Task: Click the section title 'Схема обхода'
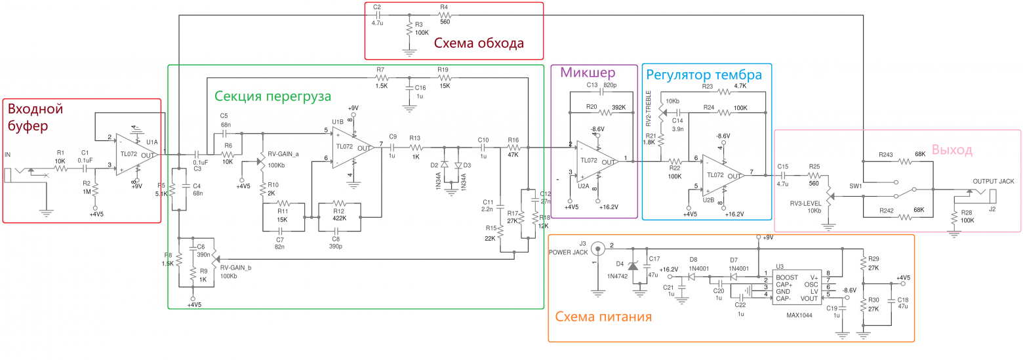click(479, 43)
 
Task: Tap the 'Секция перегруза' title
click(273, 96)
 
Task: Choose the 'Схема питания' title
click(603, 317)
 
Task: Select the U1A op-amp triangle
click(134, 155)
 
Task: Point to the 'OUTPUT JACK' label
click(993, 180)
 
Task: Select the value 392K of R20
click(617, 107)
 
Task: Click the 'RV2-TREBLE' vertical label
click(649, 108)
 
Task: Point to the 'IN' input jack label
click(8, 155)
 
